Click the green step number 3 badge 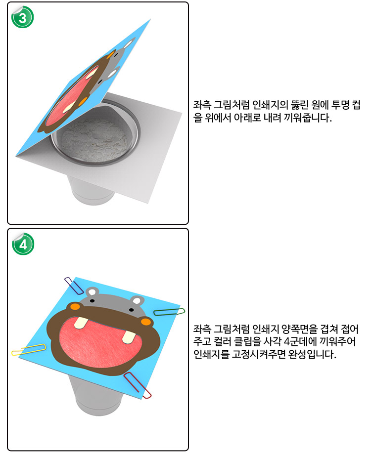pos(22,17)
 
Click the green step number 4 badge pos(23,244)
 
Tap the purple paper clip pos(74,286)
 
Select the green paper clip pos(169,312)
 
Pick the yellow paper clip pos(29,349)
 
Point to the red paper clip pos(138,385)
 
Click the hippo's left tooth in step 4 pos(81,323)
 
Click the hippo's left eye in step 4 pos(92,301)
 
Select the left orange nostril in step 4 pos(75,306)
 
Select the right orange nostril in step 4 pos(146,321)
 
